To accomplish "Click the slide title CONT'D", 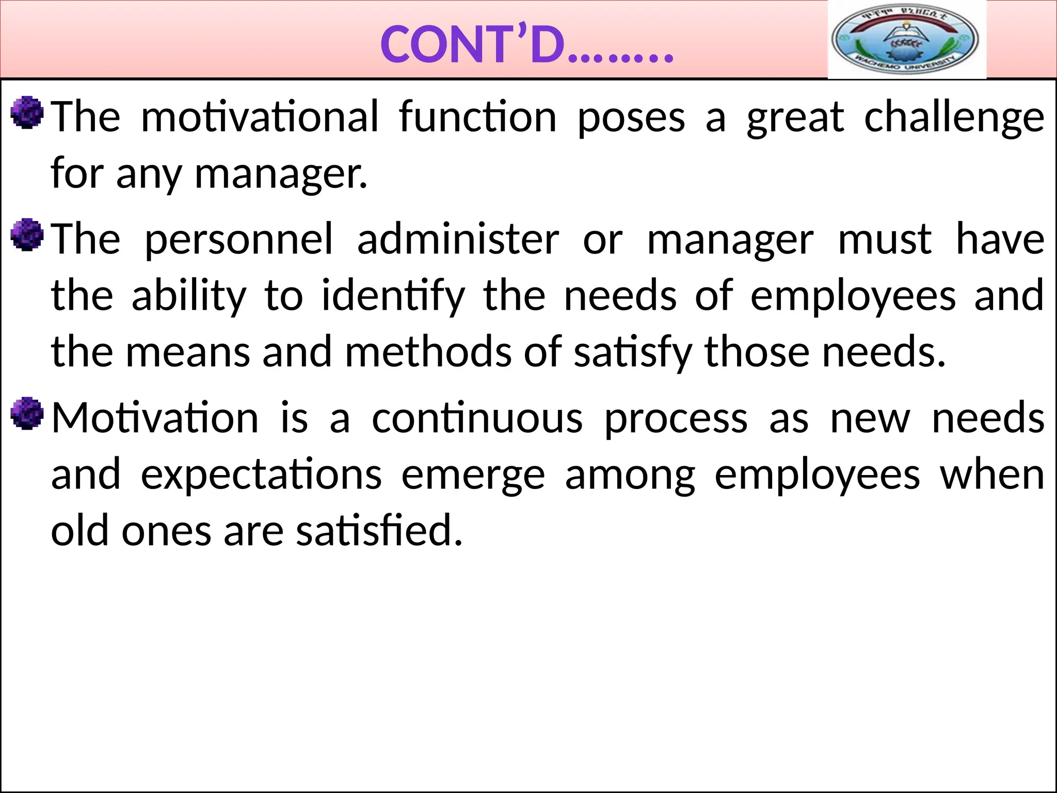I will [x=526, y=45].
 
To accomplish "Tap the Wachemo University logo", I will [x=906, y=40].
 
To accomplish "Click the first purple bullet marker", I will [x=27, y=112].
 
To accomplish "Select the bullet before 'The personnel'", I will [x=27, y=234].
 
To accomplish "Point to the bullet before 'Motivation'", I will [x=27, y=413].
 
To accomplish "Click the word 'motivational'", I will [x=260, y=118].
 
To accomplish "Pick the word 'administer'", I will [x=458, y=240].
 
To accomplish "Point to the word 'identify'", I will [x=393, y=296].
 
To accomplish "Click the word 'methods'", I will [x=428, y=352].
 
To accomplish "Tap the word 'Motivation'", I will [x=155, y=418].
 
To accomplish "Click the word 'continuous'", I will [x=477, y=419].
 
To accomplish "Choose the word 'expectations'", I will [x=261, y=475].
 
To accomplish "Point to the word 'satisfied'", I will [x=379, y=531].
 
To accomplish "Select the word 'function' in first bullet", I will [x=477, y=118].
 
